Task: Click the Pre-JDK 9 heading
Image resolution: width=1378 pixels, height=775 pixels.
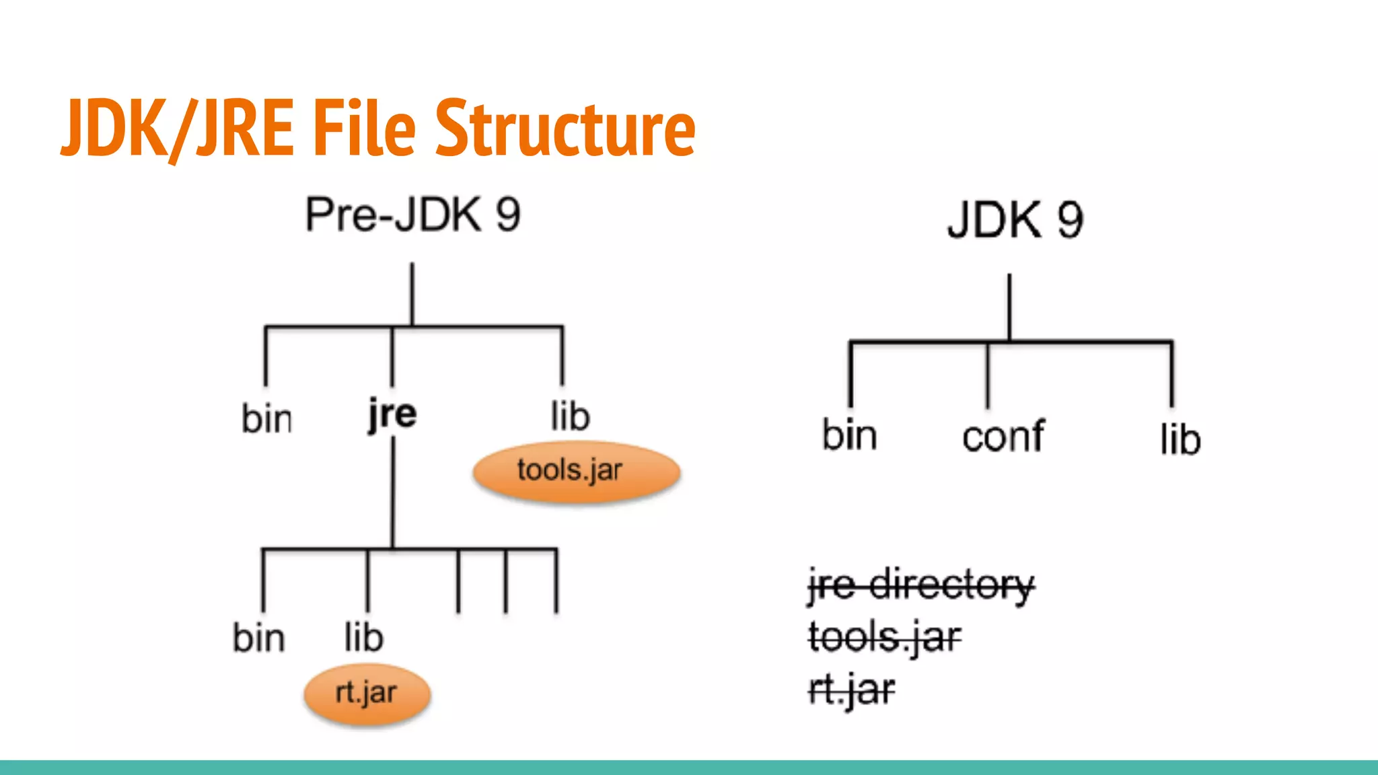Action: [x=412, y=215]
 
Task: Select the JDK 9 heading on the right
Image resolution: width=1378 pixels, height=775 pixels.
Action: [x=1015, y=220]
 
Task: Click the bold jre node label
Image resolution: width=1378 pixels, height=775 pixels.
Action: [x=392, y=414]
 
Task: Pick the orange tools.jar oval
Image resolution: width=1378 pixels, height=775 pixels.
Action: [x=576, y=471]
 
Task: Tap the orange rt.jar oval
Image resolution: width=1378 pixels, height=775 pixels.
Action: [x=367, y=694]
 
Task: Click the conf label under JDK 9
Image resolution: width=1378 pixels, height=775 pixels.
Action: [x=1003, y=437]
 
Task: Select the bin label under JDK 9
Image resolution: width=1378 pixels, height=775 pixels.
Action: [x=850, y=435]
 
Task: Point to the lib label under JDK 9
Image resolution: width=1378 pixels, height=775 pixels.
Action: [x=1180, y=440]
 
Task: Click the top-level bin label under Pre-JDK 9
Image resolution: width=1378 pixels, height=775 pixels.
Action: [x=266, y=418]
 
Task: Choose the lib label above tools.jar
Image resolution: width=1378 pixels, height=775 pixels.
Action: [x=570, y=416]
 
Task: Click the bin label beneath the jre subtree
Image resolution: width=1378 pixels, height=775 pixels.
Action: [x=259, y=637]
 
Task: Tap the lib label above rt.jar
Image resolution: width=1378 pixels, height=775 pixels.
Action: [x=363, y=637]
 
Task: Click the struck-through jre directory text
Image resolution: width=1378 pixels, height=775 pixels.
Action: [x=920, y=585]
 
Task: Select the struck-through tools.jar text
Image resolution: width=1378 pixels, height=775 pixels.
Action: [x=885, y=637]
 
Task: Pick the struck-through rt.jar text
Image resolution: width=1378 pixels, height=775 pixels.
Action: [x=851, y=690]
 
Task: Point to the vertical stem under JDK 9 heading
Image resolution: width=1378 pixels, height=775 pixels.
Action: [x=1009, y=307]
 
